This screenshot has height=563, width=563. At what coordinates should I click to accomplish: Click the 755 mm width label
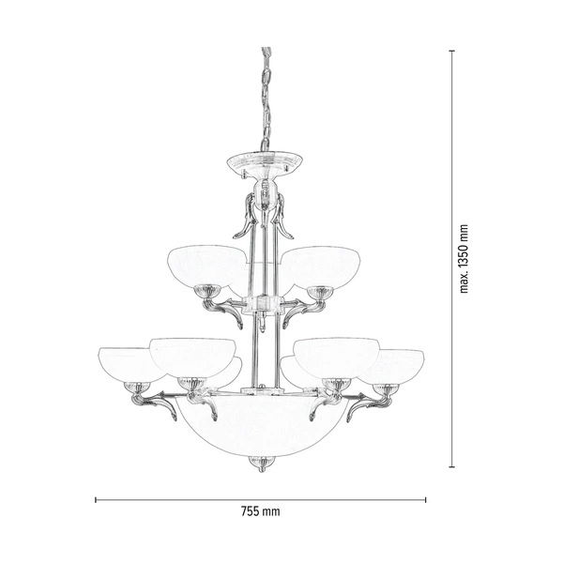[261, 512]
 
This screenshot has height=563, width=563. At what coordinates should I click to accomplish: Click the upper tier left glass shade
[206, 265]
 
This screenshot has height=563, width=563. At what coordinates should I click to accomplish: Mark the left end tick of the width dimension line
[96, 499]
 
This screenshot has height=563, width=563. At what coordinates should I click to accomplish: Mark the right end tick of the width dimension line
[426, 499]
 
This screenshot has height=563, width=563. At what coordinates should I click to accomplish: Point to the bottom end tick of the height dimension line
[453, 466]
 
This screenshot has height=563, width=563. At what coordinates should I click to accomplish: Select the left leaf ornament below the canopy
[246, 218]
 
